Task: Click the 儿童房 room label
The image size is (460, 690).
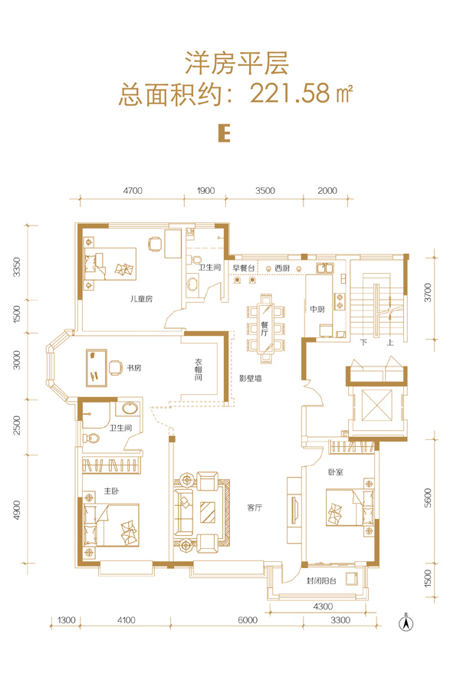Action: [141, 299]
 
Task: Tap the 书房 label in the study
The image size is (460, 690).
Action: [134, 368]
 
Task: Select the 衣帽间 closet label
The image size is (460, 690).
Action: [199, 370]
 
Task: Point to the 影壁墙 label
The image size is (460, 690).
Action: [251, 378]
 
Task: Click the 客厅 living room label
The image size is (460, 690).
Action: [255, 508]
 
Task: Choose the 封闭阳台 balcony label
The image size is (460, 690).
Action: [321, 581]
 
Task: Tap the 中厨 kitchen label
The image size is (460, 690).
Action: [317, 310]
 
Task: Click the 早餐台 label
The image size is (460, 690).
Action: [244, 268]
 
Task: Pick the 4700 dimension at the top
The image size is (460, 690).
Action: [133, 191]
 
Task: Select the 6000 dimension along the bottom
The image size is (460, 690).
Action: [248, 620]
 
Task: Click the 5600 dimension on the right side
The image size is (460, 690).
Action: [429, 498]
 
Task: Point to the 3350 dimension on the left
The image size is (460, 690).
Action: [17, 267]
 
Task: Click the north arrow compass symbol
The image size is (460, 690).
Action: [406, 623]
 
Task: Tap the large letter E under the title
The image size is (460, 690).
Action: [225, 133]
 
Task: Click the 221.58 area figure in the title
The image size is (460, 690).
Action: [290, 94]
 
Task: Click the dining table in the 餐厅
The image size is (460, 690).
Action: [265, 328]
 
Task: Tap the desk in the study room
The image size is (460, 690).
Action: [97, 368]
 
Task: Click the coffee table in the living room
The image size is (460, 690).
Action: [208, 513]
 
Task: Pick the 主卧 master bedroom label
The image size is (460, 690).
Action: [111, 491]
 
